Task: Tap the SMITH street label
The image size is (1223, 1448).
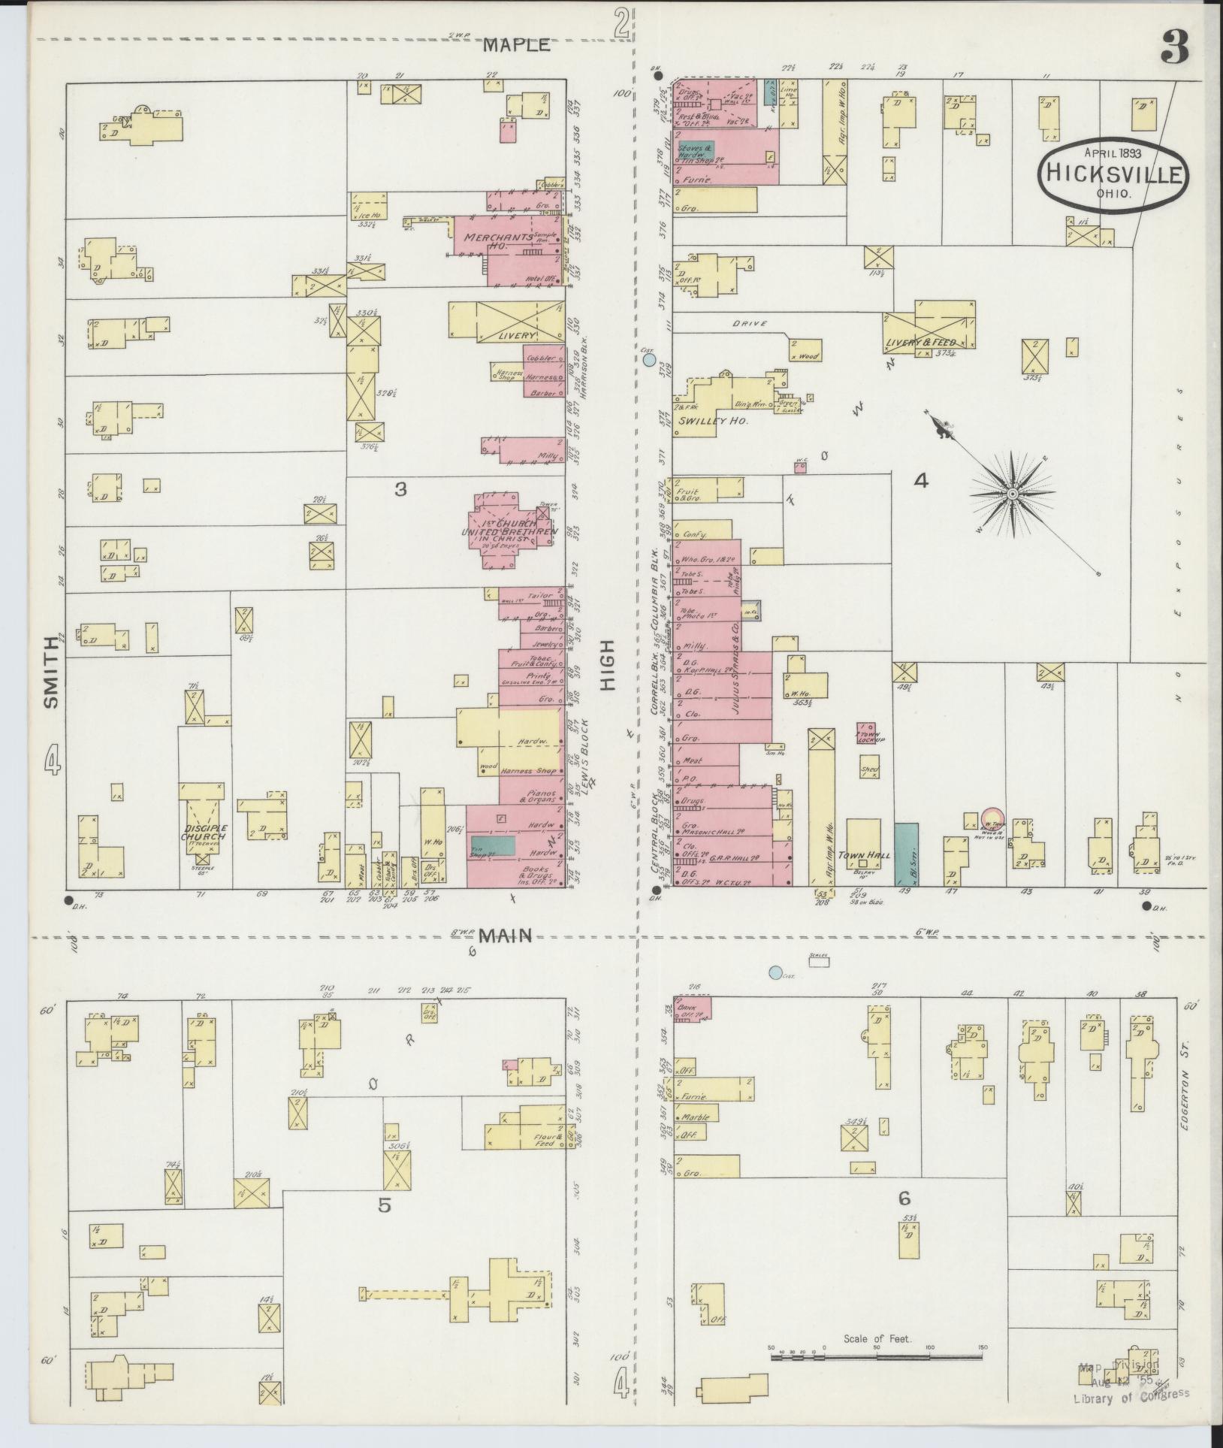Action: click(51, 672)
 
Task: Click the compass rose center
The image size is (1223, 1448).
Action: click(1011, 494)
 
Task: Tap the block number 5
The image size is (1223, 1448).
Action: click(384, 1206)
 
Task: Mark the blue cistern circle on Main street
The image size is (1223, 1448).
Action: click(775, 972)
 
